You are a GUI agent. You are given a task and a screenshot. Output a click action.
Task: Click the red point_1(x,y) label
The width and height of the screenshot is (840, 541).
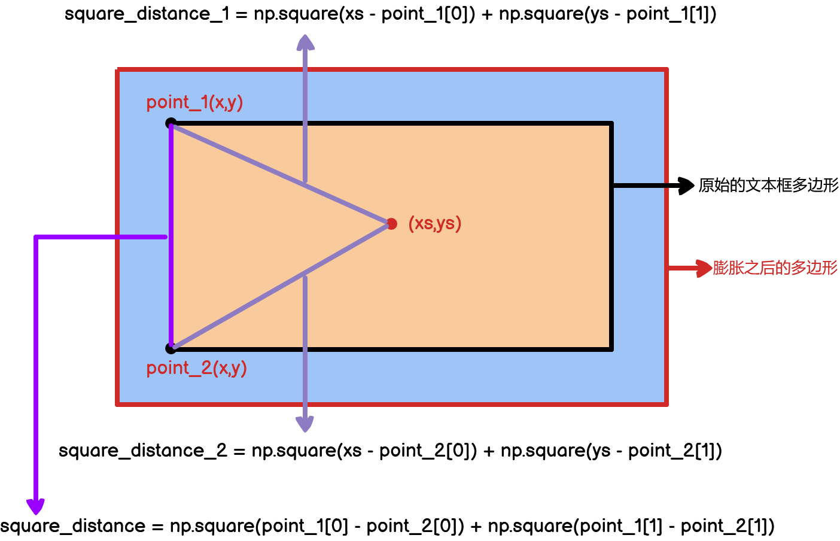(194, 102)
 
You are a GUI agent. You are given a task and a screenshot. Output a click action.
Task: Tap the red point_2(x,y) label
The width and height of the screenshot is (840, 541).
(196, 367)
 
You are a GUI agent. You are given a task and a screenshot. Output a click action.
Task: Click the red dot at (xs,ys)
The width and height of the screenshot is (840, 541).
(392, 224)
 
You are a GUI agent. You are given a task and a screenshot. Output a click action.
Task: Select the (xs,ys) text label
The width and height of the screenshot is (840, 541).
(435, 223)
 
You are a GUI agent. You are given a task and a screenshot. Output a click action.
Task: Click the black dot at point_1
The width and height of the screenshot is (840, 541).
(171, 123)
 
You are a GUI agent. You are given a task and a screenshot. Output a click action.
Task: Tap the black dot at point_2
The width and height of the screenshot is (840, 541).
(171, 348)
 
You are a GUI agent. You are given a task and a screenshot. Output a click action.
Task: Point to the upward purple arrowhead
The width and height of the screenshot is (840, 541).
(305, 42)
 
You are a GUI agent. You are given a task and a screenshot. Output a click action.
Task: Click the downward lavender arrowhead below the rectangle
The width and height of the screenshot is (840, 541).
(305, 424)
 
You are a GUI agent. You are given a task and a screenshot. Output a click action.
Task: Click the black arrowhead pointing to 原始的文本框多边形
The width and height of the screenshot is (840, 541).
(686, 186)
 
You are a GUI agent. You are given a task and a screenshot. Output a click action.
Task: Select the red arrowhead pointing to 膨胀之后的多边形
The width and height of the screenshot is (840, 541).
(704, 268)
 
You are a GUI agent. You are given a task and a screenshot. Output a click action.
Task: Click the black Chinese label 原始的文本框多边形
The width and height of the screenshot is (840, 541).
(768, 186)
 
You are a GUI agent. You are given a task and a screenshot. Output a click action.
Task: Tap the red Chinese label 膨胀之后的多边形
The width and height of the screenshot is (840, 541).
(775, 268)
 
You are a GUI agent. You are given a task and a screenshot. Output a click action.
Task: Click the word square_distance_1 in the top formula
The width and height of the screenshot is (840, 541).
(147, 14)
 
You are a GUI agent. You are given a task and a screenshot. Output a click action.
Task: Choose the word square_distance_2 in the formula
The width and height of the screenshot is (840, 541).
(142, 450)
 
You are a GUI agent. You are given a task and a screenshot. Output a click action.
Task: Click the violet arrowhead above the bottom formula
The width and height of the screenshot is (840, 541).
(36, 506)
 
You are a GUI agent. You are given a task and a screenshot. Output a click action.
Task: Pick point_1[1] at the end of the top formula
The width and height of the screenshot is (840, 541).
(671, 14)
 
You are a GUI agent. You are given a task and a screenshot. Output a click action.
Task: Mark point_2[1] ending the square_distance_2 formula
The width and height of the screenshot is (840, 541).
(674, 450)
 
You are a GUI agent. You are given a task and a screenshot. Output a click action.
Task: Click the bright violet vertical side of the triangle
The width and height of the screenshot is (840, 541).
(171, 236)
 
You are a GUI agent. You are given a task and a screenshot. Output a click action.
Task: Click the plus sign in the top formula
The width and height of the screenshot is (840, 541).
(487, 14)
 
